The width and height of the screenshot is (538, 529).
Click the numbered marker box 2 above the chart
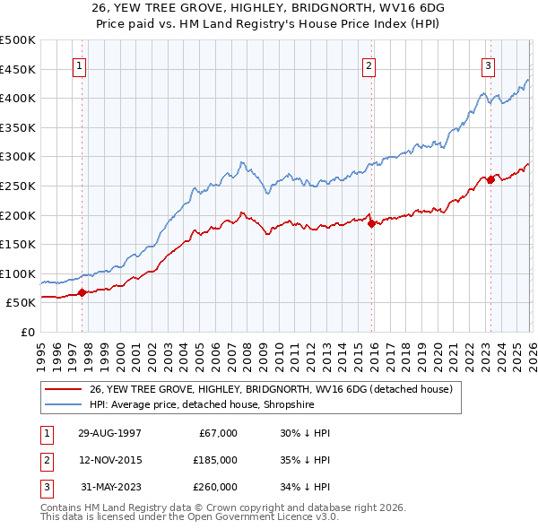pos(369,65)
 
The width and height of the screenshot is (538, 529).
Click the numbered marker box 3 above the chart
pos(489,65)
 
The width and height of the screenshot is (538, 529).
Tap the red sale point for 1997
pos(82,292)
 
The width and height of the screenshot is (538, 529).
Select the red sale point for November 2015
pos(370,224)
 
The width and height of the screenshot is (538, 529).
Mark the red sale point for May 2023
pos(490,179)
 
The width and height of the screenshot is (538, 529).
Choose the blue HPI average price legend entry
pos(213,405)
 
